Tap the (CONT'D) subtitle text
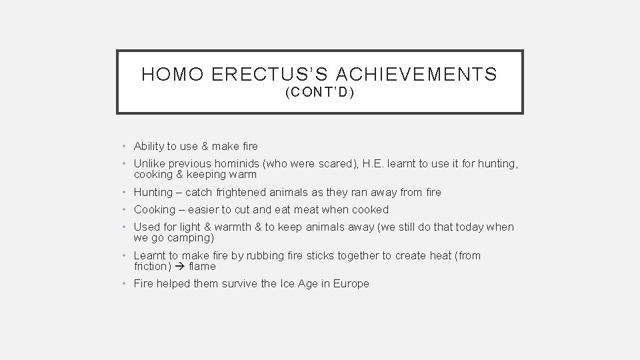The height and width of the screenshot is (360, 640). click(319, 93)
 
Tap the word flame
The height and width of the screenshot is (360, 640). click(203, 266)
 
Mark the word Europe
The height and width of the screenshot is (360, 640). click(351, 283)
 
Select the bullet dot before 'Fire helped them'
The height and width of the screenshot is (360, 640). click(125, 283)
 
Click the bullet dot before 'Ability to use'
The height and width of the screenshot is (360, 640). click(125, 146)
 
